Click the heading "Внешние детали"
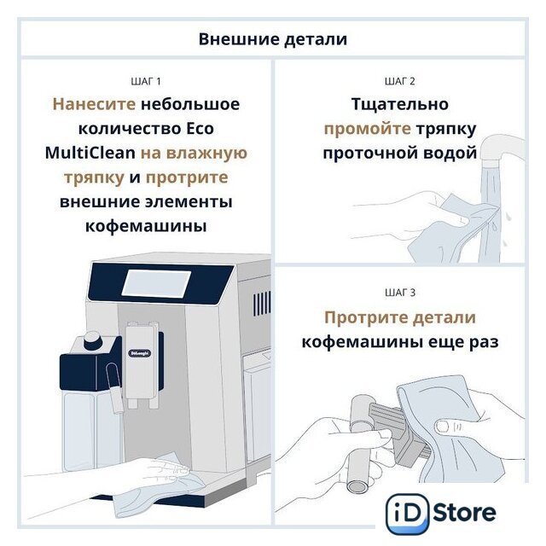(273, 39)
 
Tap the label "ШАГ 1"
(146, 82)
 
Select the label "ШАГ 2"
(400, 82)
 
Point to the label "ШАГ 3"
(400, 293)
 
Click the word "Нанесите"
(94, 104)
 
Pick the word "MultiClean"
(90, 153)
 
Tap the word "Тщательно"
(400, 104)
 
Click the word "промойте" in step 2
(368, 130)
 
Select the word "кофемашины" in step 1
(146, 226)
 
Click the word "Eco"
(200, 129)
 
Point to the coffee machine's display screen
(156, 283)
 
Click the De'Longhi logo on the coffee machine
(140, 353)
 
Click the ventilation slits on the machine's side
(262, 304)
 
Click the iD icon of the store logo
(408, 514)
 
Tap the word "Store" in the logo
(465, 513)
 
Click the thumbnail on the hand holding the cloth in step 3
(444, 426)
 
